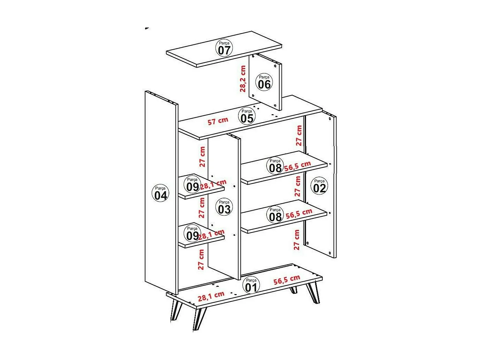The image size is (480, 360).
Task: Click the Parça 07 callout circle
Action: click(x=224, y=48)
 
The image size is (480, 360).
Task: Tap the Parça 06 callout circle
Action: click(x=264, y=82)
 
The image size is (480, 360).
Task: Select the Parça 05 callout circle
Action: click(x=247, y=116)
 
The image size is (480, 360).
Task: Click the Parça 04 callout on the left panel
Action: click(x=160, y=193)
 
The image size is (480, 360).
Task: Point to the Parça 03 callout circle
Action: click(x=224, y=207)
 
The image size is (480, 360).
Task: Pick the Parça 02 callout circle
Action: click(x=319, y=186)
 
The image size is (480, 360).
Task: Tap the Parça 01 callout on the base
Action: click(x=251, y=285)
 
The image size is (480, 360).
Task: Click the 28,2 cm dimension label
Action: click(x=243, y=79)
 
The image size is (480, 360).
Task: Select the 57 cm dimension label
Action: click(x=218, y=121)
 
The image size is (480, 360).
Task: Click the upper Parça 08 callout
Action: click(x=275, y=166)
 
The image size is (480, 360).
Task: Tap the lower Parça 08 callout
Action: click(x=275, y=215)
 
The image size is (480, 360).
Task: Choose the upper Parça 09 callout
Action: click(x=192, y=185)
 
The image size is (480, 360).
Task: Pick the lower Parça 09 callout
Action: click(x=192, y=234)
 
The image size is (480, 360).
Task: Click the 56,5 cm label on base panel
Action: click(x=287, y=280)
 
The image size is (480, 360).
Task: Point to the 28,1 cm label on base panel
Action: click(x=211, y=296)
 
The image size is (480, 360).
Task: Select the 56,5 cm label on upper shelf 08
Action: click(x=298, y=166)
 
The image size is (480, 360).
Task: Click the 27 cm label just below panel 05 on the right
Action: click(x=299, y=135)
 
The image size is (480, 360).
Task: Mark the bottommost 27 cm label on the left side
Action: click(x=201, y=260)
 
